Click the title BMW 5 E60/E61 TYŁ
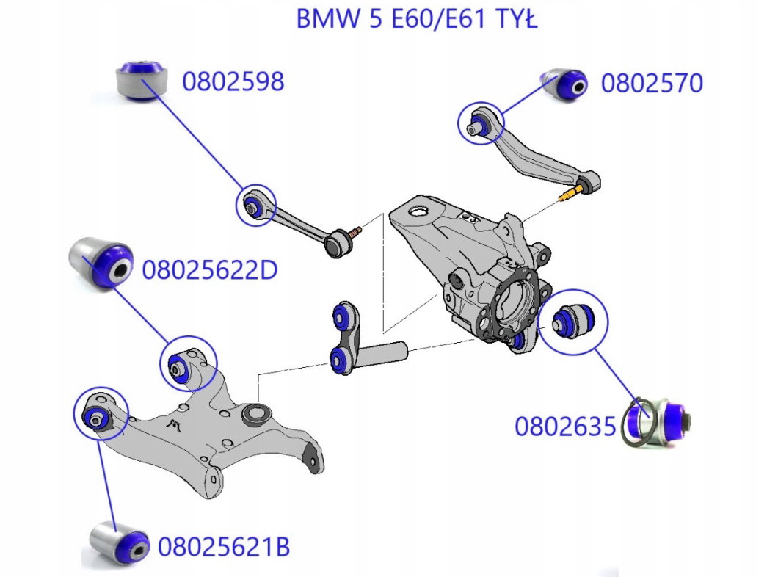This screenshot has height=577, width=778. [417, 19]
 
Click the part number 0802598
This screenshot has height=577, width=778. [233, 81]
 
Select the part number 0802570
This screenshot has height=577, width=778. [652, 83]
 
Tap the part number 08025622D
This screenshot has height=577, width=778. [210, 270]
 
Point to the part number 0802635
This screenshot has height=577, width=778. [565, 427]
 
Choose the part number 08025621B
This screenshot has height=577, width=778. [224, 547]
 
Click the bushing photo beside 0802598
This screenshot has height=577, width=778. [142, 81]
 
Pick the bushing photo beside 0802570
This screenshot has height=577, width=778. [564, 85]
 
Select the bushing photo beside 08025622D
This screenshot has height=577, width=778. [101, 263]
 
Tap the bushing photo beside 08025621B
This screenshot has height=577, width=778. [120, 542]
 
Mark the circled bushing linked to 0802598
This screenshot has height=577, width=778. [252, 204]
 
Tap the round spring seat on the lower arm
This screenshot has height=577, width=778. [257, 414]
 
